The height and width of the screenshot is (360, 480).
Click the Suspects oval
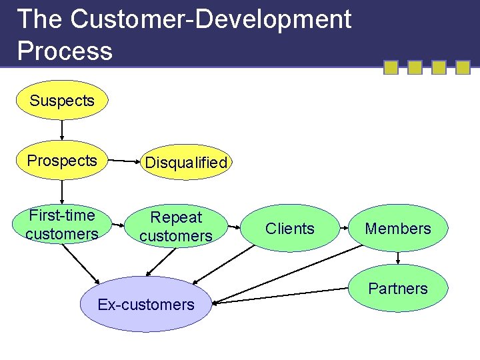point(62,101)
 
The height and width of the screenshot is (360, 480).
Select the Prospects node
point(62,161)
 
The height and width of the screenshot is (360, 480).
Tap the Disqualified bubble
point(186,162)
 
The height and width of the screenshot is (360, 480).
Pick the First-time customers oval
point(62,225)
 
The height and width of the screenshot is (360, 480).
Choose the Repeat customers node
point(176,226)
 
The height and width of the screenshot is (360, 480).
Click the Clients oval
point(289,228)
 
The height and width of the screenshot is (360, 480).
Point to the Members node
point(398,228)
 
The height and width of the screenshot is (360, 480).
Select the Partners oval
point(398,288)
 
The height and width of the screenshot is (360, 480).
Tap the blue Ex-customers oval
point(146,305)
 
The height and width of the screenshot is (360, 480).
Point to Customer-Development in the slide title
point(211,20)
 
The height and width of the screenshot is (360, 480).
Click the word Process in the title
point(65,51)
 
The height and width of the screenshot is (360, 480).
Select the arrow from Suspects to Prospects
point(62,129)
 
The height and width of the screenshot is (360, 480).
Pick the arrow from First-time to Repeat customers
point(118,225)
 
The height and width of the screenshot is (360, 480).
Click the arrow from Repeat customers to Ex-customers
point(160,261)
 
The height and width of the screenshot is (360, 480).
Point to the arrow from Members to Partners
point(398,257)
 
